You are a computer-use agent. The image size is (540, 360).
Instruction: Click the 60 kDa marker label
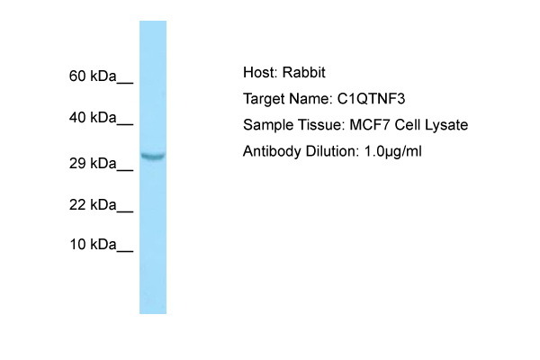pos(93,76)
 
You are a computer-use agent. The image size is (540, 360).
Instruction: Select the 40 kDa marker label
pos(93,118)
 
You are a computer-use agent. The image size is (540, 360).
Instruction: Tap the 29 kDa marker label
pos(93,163)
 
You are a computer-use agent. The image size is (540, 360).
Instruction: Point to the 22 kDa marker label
pos(93,205)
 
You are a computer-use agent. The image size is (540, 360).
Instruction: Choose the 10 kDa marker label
pos(93,245)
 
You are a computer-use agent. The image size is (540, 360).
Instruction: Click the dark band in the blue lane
pos(153,156)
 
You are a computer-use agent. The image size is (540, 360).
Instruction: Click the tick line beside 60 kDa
pos(125,83)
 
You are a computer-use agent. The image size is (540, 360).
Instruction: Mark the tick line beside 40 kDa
pos(125,124)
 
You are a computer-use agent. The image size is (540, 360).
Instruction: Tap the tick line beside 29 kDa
pos(125,170)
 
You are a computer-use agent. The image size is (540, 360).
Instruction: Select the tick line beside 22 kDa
pos(125,211)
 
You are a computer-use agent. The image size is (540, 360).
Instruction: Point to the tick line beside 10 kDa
pos(125,251)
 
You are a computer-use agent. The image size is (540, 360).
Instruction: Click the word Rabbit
pos(304,72)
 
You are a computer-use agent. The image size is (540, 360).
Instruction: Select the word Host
pos(260,72)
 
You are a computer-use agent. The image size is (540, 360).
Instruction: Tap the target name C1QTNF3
pos(371,99)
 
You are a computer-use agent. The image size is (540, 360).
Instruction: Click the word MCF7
pos(370,125)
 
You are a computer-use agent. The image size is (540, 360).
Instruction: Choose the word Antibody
pos(272,151)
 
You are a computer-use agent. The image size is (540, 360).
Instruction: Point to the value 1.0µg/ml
pos(393,152)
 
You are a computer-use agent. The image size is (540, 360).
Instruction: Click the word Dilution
pos(332,151)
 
